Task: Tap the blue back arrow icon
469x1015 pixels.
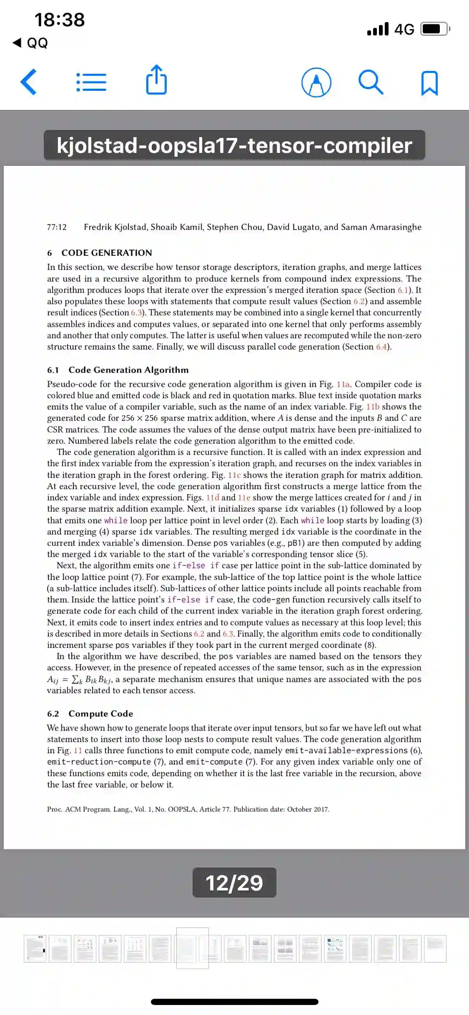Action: [29, 82]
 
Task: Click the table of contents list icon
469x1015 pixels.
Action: [91, 82]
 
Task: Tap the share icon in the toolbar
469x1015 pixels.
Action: [156, 80]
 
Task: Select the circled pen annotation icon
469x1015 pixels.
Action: [316, 82]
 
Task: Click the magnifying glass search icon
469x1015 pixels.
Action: [371, 82]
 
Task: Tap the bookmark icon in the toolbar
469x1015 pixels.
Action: [429, 83]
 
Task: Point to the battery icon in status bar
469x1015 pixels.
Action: [435, 29]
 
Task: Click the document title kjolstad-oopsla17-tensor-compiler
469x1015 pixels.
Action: [234, 145]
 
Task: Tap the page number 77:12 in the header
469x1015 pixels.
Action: [57, 227]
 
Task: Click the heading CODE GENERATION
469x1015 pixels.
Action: [107, 253]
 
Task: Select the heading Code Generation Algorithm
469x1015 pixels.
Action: [128, 370]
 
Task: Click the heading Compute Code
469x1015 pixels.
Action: [101, 714]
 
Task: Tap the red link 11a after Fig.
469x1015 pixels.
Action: [344, 384]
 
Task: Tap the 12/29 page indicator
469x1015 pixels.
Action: [234, 882]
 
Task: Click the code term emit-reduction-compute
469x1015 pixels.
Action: [99, 762]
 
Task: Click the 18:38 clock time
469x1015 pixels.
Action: [60, 20]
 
